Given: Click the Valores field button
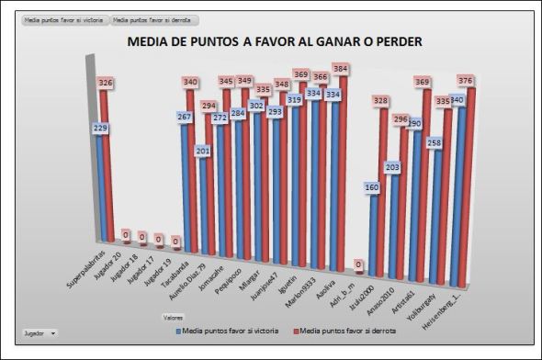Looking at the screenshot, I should (x=173, y=317).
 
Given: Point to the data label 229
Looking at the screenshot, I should (x=101, y=129).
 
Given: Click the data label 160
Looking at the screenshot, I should (x=371, y=188).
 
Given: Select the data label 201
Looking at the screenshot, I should (x=203, y=151).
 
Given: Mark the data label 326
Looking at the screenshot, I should (x=107, y=84).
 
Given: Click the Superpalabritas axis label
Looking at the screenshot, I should (x=90, y=273).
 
